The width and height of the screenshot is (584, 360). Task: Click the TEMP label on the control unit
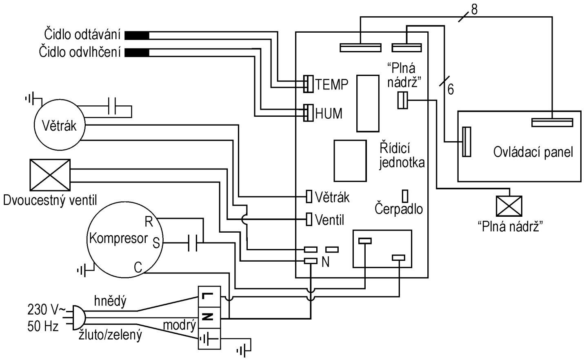332,84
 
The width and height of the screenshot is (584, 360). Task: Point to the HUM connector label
329,113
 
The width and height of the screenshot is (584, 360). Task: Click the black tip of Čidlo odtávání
137,36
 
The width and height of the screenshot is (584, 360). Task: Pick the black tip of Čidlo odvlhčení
137,53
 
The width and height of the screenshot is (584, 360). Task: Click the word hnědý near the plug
110,301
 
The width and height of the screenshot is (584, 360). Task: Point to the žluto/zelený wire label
110,336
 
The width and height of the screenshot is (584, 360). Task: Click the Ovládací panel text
533,152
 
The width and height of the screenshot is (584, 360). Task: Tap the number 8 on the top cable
474,10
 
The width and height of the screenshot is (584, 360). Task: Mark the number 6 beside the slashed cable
451,89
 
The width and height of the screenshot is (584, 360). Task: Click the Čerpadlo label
399,209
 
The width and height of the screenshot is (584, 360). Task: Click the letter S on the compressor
156,244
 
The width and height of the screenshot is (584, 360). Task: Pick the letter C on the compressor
138,268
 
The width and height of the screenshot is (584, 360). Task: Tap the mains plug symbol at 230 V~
78,318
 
